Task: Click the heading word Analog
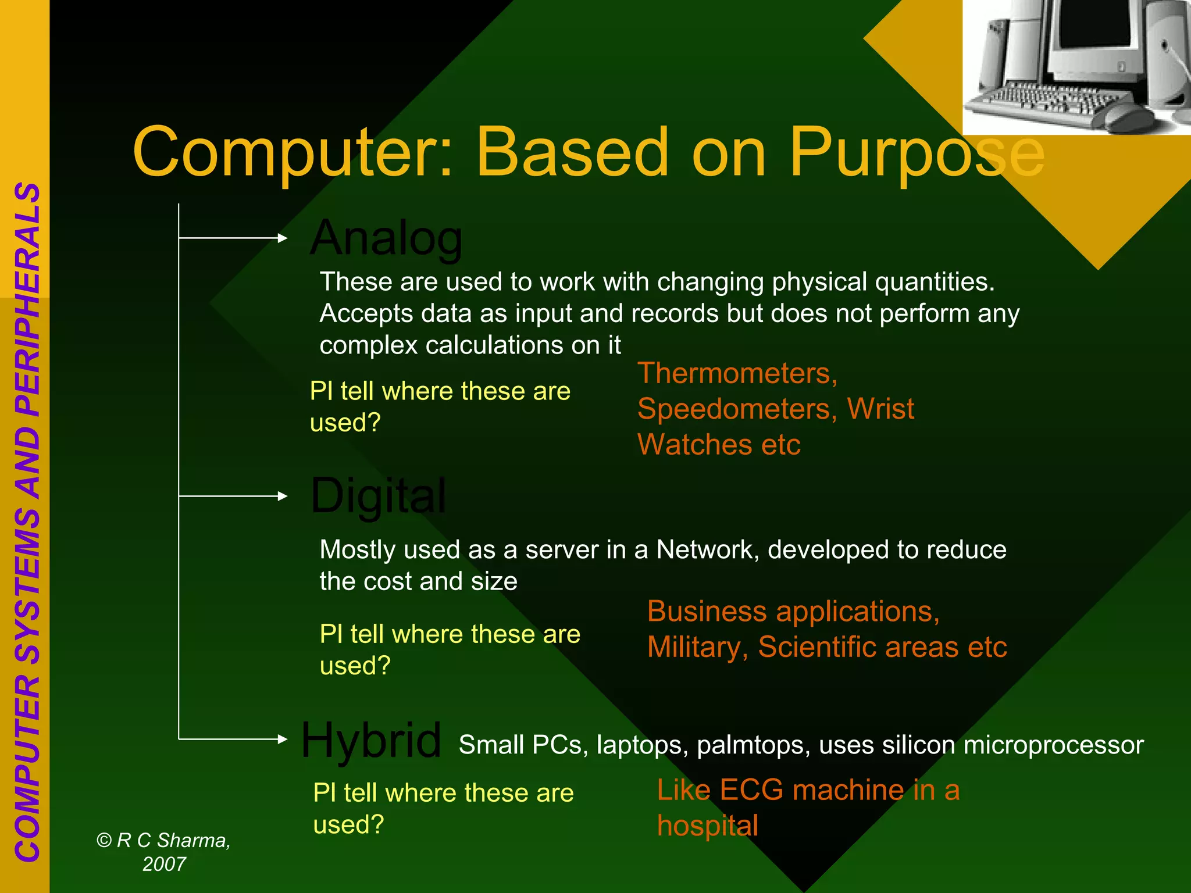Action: tap(387, 238)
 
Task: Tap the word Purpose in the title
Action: tap(916, 152)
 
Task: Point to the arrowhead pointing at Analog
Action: tap(283, 238)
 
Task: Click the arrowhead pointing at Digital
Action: tap(283, 496)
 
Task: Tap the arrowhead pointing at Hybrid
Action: tap(283, 739)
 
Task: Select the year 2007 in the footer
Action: tap(164, 865)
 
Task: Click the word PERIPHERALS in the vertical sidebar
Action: tap(28, 299)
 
